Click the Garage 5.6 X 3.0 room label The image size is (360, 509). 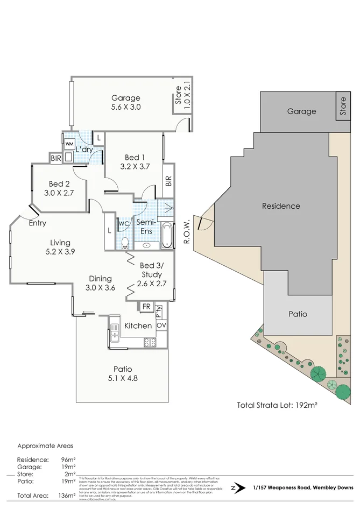tap(126, 102)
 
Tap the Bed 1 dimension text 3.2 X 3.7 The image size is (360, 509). tap(135, 166)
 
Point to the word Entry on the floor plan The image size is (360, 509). tap(37, 223)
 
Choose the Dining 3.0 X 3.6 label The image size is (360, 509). tap(101, 282)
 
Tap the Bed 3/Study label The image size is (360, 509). tap(150, 270)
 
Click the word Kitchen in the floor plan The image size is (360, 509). tap(138, 326)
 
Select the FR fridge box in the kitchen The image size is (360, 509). tap(146, 307)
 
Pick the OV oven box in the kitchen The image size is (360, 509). tap(161, 326)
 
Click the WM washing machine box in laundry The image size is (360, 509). tap(69, 144)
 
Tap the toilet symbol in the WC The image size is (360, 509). tap(124, 243)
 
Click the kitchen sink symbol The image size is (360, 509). tap(114, 337)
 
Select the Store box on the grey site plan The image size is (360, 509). tap(342, 106)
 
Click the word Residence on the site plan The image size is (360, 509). tap(281, 206)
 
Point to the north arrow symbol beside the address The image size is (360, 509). tap(234, 488)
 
